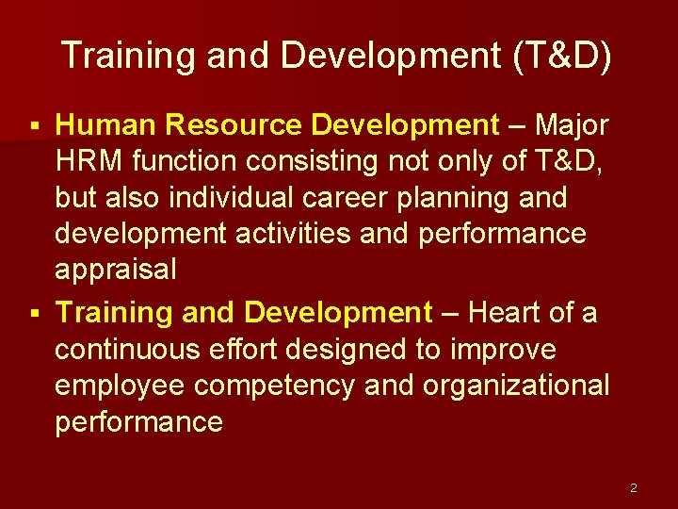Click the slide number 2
(634, 487)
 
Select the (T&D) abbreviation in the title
(562, 57)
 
